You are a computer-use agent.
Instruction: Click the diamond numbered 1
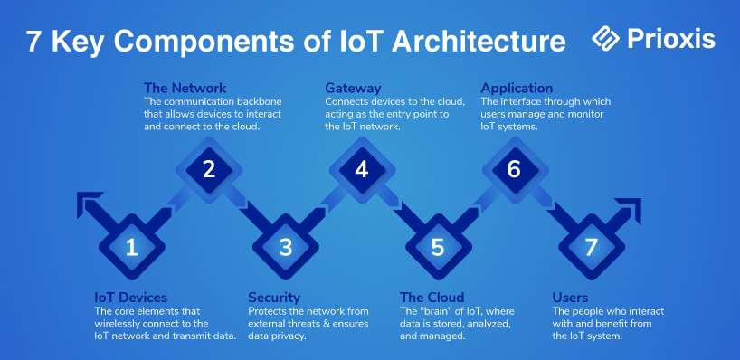click(132, 247)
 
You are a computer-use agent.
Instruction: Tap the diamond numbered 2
click(209, 170)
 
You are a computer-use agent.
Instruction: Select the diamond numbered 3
click(286, 247)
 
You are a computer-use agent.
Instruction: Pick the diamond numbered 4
click(362, 170)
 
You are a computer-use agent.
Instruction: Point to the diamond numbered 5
click(439, 247)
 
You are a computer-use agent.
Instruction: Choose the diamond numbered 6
click(515, 170)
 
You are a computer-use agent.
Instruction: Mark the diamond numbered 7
click(592, 247)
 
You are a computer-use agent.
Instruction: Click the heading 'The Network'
click(185, 88)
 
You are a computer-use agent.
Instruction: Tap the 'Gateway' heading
click(353, 89)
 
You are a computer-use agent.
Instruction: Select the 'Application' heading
click(517, 89)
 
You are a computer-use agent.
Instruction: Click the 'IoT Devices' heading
click(131, 298)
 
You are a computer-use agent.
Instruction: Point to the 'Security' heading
click(274, 298)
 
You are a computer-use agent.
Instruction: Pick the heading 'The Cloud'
click(432, 298)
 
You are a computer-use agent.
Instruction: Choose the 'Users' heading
click(570, 298)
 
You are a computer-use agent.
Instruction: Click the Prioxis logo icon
click(605, 38)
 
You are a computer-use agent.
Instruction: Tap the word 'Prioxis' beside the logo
click(671, 38)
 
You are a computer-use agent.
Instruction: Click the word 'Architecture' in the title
click(479, 41)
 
